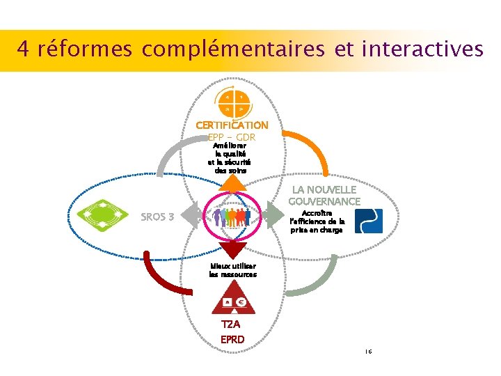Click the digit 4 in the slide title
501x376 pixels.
coord(23,49)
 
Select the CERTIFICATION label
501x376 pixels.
coord(232,125)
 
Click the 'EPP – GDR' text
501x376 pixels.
coord(232,136)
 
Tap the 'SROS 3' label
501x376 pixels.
coord(157,217)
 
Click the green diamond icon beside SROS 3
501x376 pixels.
coord(102,217)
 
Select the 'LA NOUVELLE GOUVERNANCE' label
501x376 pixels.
coord(325,196)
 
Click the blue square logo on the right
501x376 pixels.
coord(368,221)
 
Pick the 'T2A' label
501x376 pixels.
coord(232,325)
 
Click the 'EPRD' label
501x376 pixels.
coord(232,340)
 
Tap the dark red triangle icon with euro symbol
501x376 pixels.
coord(233,299)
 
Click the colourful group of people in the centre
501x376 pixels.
coord(232,216)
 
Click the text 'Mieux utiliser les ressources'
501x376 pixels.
coord(232,270)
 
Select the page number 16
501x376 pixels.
coord(368,352)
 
